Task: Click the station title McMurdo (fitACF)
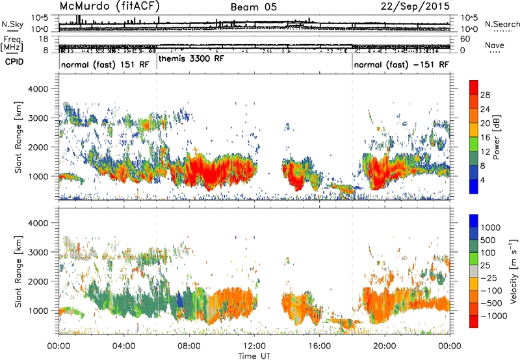109,6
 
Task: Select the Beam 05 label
253,7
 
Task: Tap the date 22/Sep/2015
415,6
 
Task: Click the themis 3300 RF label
191,58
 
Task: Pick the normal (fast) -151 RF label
402,64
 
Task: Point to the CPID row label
14,62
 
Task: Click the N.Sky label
12,24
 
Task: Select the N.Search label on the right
502,24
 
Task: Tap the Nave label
495,45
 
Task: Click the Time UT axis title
254,356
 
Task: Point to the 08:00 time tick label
189,346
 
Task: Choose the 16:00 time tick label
319,346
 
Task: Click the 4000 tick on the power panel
38,89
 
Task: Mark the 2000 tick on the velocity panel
38,281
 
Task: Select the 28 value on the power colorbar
485,95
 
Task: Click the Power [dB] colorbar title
496,137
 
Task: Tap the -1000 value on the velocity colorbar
494,316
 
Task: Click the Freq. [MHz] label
12,44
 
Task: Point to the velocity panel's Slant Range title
18,271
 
